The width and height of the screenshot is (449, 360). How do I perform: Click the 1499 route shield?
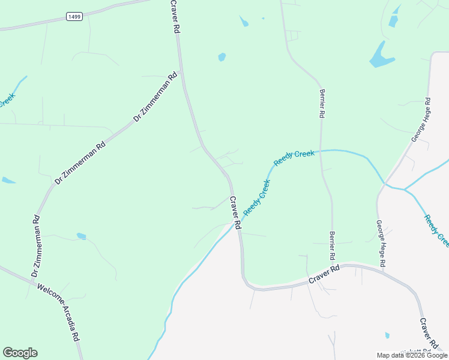pos(74,17)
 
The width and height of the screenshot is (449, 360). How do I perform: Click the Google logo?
pos(20,353)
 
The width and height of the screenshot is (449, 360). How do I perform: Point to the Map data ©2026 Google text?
pos(412,355)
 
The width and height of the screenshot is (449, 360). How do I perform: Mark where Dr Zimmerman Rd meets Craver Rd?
pos(180,71)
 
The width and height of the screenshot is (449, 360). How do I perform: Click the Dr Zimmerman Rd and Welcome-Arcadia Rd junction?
pos(32,280)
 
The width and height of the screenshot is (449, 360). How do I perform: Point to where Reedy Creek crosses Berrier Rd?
pos(321,151)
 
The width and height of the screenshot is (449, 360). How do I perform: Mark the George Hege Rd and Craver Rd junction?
pos(384,271)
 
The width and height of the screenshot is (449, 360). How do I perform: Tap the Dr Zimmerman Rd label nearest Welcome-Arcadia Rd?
pos(36,246)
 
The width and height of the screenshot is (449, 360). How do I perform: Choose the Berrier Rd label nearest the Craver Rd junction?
pos(332,245)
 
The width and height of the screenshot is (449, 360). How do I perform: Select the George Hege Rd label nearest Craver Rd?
pos(381,243)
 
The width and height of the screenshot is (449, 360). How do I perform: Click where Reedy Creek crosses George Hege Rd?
pos(384,183)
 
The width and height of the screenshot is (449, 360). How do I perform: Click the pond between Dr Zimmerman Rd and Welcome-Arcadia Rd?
pos(81,236)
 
